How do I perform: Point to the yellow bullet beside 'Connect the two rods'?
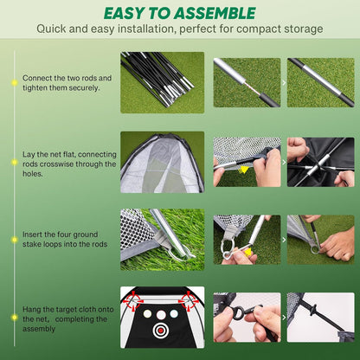coord(14,83)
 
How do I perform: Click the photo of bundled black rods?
coord(162,82)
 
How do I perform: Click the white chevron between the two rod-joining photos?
coord(284,83)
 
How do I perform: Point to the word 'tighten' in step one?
coord(37,87)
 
